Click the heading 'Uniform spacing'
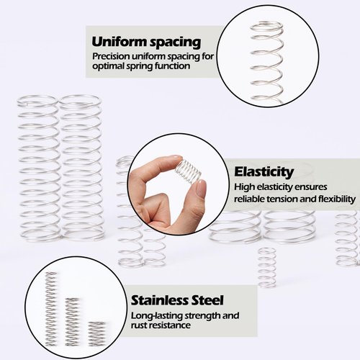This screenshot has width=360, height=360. pos(146,41)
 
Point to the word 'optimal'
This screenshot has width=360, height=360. pos(109,66)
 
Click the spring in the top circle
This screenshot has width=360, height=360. pos(267,61)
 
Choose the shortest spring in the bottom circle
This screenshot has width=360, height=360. pos(96,331)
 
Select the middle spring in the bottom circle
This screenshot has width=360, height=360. pos(73,317)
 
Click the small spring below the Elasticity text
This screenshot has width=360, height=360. pos(267,266)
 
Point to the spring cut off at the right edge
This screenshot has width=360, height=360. pos(347,238)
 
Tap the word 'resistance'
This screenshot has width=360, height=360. pos(171,325)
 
